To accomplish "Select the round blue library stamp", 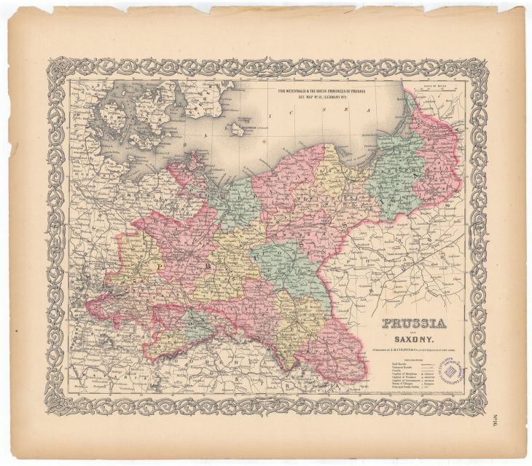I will coord(451,373).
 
